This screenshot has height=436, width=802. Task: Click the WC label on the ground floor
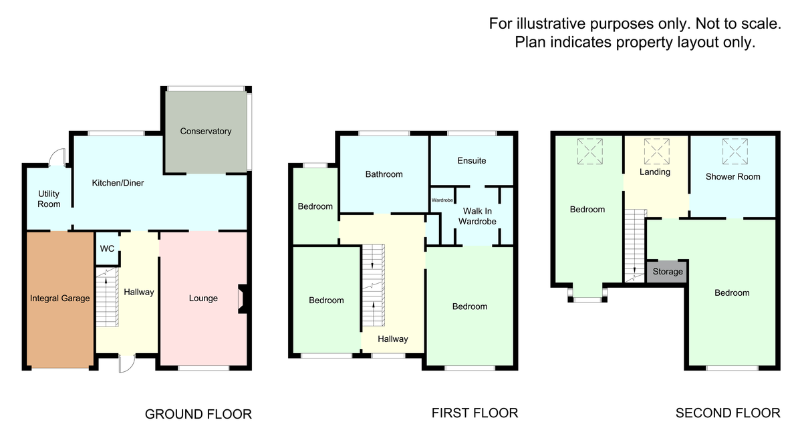click(x=107, y=249)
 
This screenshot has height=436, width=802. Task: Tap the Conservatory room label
click(x=206, y=132)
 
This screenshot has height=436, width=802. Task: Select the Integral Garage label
click(x=60, y=298)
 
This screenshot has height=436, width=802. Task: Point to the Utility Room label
click(x=49, y=199)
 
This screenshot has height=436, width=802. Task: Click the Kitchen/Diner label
click(x=118, y=183)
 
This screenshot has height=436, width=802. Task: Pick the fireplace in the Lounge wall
click(x=243, y=298)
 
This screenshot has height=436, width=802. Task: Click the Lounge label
click(x=203, y=298)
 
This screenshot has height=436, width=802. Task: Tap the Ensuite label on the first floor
click(x=472, y=161)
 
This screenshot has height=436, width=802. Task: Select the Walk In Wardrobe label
click(x=477, y=216)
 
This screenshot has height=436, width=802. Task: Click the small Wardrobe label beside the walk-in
click(x=442, y=200)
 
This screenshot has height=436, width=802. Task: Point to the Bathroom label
click(x=384, y=174)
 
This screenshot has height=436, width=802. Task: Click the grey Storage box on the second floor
click(x=668, y=272)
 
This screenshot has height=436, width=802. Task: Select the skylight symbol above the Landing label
click(x=656, y=152)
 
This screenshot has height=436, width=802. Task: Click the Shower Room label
click(x=733, y=177)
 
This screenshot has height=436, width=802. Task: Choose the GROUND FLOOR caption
click(x=198, y=415)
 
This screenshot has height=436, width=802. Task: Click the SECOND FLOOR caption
click(x=728, y=413)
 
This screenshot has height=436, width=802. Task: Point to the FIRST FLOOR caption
click(x=475, y=413)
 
